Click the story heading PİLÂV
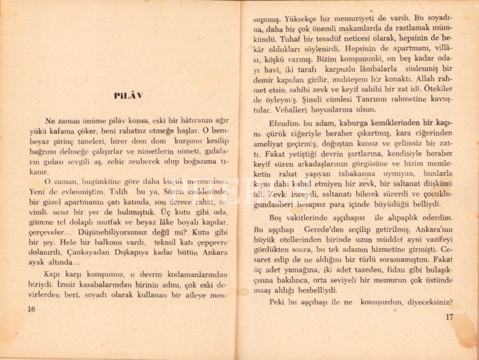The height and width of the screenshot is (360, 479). [128, 96]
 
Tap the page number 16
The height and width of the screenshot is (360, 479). [31, 309]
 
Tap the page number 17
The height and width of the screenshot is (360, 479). [450, 317]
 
